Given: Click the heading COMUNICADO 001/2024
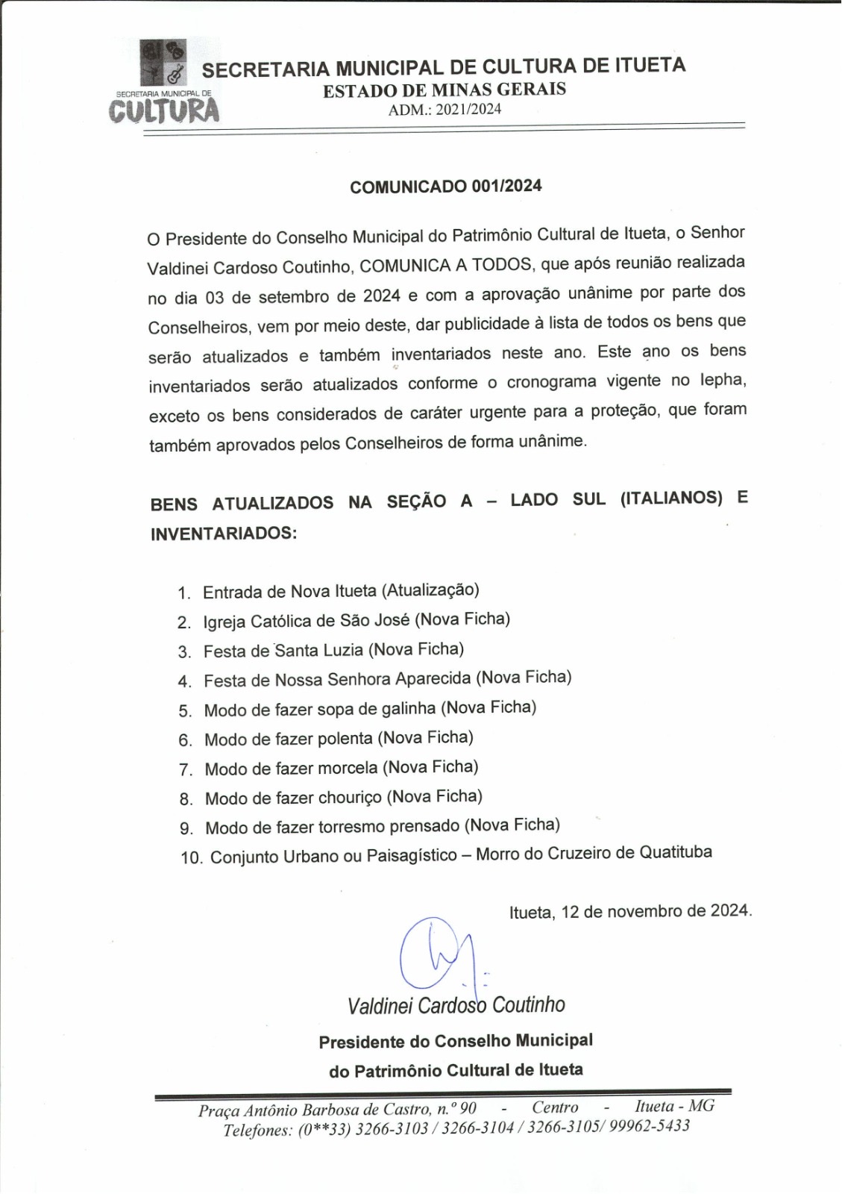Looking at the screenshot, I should tap(446, 187).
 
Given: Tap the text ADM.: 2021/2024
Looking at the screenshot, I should tap(444, 110).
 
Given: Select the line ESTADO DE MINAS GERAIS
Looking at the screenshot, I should tap(444, 90).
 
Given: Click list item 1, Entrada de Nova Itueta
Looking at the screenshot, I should tap(341, 591).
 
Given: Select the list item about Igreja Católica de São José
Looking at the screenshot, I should tap(356, 620).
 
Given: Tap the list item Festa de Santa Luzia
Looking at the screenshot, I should tap(333, 650).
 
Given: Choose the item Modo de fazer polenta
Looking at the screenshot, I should tap(339, 739).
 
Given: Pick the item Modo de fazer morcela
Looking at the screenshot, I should tap(341, 768).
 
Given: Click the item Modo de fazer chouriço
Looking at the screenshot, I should tap(343, 797).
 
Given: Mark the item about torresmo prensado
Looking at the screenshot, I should tap(382, 826).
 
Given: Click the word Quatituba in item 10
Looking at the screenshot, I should tap(675, 852).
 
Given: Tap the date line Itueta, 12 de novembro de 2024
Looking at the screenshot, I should tap(630, 911).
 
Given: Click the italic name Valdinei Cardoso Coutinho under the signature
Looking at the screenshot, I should tap(456, 1005).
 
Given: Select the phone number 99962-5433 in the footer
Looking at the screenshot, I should tap(649, 1126).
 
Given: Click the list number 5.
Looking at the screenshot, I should tap(185, 710).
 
